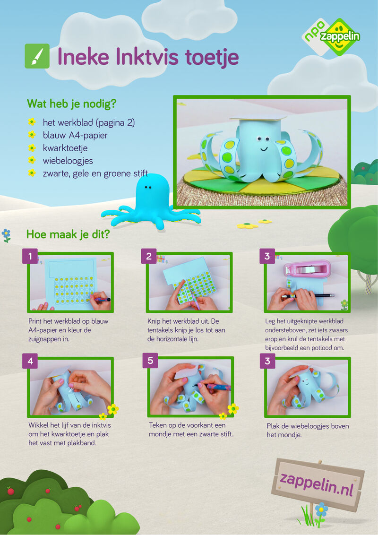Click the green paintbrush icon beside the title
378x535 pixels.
coord(37,56)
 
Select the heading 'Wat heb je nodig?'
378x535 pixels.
coord(72,104)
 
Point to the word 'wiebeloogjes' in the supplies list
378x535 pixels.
coord(68,161)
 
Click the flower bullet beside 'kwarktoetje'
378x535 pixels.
coord(32,148)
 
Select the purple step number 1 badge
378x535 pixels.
coord(30,256)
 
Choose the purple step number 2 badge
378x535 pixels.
coord(149,256)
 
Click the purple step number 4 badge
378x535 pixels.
coord(30,361)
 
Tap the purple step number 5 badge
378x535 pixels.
coord(150,361)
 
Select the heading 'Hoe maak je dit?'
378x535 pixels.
coord(68,234)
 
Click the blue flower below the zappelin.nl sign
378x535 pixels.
coord(321,510)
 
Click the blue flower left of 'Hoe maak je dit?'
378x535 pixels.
coord(6,234)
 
